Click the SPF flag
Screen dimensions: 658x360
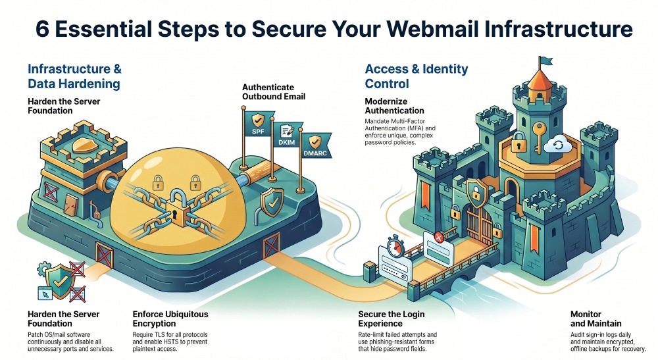257,124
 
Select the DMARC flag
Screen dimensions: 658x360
316,145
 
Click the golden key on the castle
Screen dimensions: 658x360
538,137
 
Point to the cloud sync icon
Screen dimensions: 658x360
558,144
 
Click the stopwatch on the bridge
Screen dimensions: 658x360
394,246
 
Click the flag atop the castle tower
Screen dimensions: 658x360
545,61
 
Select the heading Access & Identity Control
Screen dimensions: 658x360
417,76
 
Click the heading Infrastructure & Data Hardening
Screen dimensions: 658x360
75,76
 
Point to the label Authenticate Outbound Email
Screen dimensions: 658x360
274,92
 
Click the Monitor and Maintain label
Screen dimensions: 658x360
596,319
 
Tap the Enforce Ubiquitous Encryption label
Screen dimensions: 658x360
170,319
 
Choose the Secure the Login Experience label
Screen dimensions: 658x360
391,319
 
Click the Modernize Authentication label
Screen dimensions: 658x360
394,106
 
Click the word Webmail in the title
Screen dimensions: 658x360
432,28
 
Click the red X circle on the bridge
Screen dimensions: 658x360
439,238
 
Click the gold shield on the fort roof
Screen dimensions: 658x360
84,145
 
